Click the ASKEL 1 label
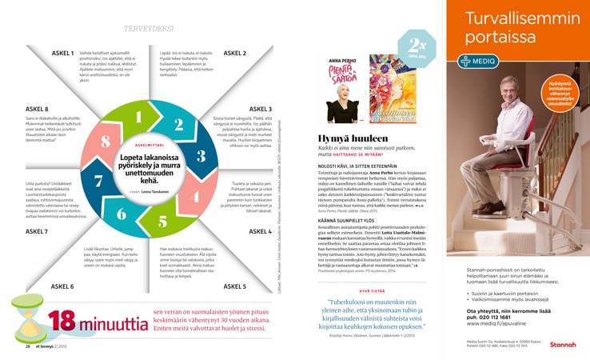coord(63,53)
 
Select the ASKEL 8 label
coord(36,108)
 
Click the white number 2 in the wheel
coord(179,124)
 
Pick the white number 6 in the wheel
coord(122,214)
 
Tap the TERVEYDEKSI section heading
coord(149,29)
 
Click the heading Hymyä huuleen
coord(354,138)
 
